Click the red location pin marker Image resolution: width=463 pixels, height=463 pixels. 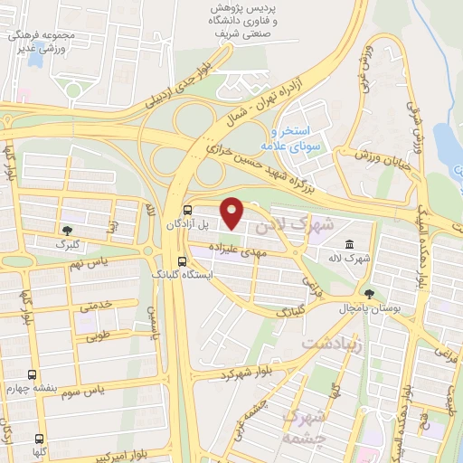pyautogui.click(x=233, y=213)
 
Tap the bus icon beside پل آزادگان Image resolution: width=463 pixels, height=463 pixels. pyautogui.click(x=186, y=206)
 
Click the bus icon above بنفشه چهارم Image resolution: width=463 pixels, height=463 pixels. pyautogui.click(x=33, y=374)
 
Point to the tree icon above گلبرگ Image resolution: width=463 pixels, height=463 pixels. pyautogui.click(x=68, y=231)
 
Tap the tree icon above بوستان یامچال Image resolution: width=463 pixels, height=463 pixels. pyautogui.click(x=368, y=293)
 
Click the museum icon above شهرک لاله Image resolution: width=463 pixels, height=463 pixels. pyautogui.click(x=349, y=244)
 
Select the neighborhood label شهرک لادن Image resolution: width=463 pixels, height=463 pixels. pyautogui.click(x=296, y=222)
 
